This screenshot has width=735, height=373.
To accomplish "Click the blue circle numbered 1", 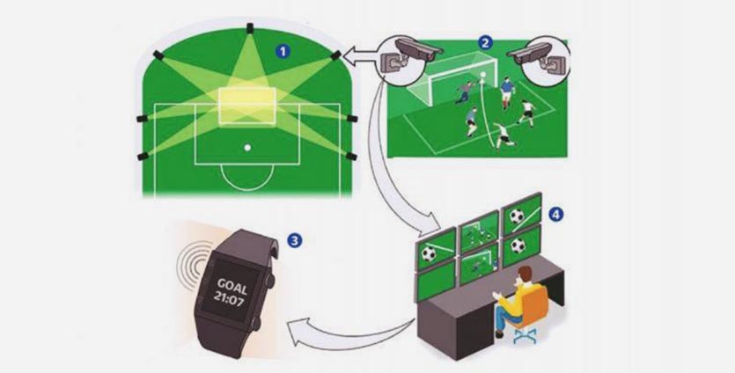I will click(x=282, y=50).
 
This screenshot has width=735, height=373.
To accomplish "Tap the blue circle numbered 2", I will click(x=485, y=41).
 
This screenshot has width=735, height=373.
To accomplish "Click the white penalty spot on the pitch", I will click(x=247, y=147).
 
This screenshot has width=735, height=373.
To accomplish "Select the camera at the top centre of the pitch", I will click(x=249, y=28).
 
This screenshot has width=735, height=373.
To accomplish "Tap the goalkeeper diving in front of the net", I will click(x=464, y=97).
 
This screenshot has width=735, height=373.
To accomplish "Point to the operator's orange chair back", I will click(x=533, y=304).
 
